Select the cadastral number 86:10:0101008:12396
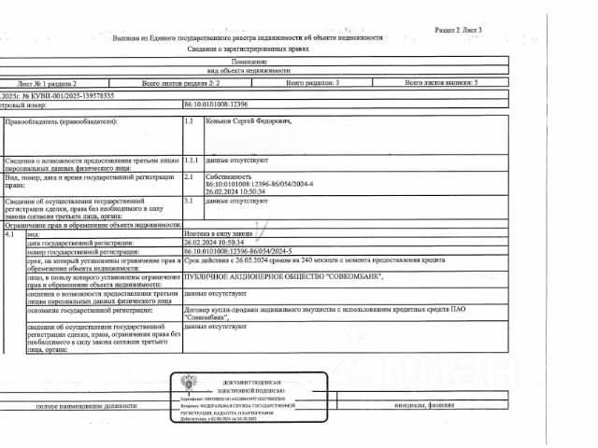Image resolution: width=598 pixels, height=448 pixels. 217,105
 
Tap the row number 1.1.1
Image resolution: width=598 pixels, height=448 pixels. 192,160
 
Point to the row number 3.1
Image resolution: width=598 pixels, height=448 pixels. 189,200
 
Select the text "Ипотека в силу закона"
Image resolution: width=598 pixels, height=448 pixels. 219,234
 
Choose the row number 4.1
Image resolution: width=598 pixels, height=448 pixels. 10,234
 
